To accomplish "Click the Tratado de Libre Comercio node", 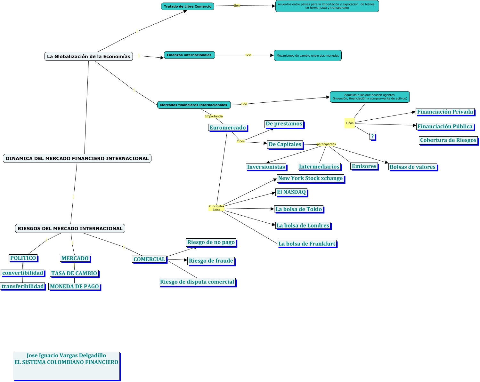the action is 188,6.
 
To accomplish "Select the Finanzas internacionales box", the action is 189,55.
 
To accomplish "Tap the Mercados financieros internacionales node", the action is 193,105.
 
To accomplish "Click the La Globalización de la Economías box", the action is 89,56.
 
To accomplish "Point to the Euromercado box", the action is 228,128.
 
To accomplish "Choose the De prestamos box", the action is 284,124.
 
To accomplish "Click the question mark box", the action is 372,136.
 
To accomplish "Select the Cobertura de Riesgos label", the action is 448,140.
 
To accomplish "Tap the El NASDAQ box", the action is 291,192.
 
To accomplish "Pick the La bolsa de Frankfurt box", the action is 307,244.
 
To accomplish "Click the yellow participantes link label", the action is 326,144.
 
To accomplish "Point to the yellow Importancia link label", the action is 214,116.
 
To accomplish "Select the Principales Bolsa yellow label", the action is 216,208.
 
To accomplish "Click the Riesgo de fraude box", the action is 211,261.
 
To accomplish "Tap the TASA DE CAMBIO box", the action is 74,273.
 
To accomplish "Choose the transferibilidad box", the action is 23,286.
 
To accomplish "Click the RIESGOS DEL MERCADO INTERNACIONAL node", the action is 70,228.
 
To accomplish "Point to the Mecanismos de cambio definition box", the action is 308,55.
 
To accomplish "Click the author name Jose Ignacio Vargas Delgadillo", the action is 66,355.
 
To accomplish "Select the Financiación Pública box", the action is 445,126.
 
